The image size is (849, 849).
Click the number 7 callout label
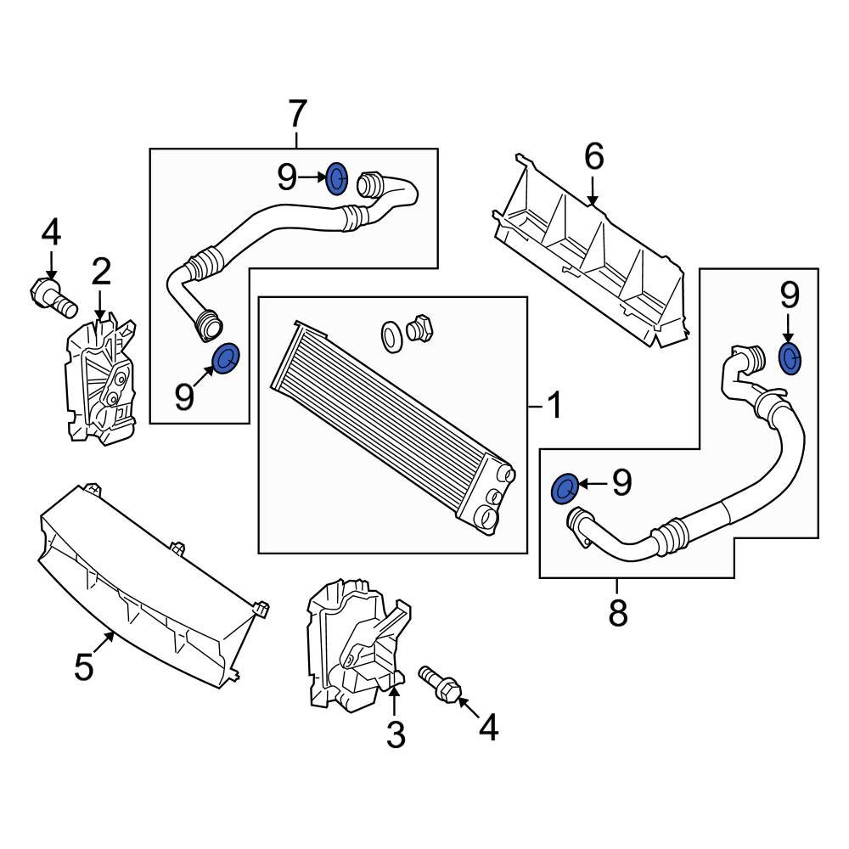click(x=296, y=113)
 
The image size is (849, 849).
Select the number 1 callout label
click(x=553, y=407)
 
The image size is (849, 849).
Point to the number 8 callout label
click(x=617, y=612)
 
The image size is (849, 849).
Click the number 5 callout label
click(x=83, y=666)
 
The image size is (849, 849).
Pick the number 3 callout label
click(x=396, y=734)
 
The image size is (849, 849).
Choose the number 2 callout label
click(x=101, y=273)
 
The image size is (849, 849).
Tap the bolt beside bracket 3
click(x=441, y=684)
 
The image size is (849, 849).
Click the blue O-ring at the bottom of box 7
click(x=226, y=359)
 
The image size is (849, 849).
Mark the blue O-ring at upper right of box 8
click(x=789, y=358)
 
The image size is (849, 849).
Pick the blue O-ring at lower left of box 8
click(x=565, y=489)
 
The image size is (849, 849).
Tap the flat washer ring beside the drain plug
click(x=392, y=336)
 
